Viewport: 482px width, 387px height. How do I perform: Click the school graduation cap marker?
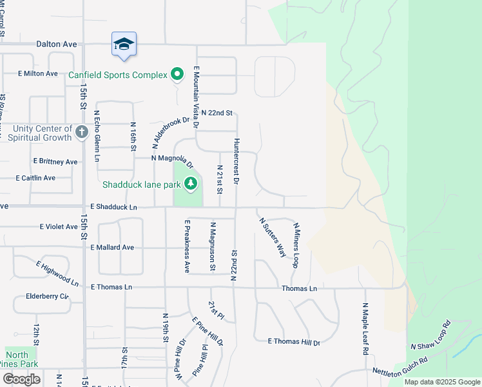pos(124,44)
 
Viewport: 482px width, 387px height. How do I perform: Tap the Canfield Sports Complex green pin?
pos(177,75)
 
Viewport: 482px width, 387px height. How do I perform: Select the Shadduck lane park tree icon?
pos(190,184)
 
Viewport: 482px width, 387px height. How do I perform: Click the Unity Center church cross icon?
pos(81,132)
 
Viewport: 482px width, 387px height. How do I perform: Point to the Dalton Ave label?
pos(57,44)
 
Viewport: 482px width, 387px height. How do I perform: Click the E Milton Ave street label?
pos(38,74)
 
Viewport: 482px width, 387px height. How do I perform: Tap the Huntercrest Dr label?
pos(236,161)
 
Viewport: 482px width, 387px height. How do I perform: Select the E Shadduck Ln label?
pos(114,207)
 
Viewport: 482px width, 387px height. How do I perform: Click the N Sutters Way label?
pos(273,237)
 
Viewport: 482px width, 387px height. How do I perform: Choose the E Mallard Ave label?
pos(112,247)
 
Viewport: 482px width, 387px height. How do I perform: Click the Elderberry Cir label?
pos(47,297)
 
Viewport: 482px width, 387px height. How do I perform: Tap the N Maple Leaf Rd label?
pos(365,329)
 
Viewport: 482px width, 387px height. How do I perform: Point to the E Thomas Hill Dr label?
pos(294,342)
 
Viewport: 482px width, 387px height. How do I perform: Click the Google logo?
pos(21,379)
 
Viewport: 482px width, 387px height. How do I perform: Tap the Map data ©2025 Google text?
pos(443,382)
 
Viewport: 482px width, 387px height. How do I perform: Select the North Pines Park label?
pos(21,359)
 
